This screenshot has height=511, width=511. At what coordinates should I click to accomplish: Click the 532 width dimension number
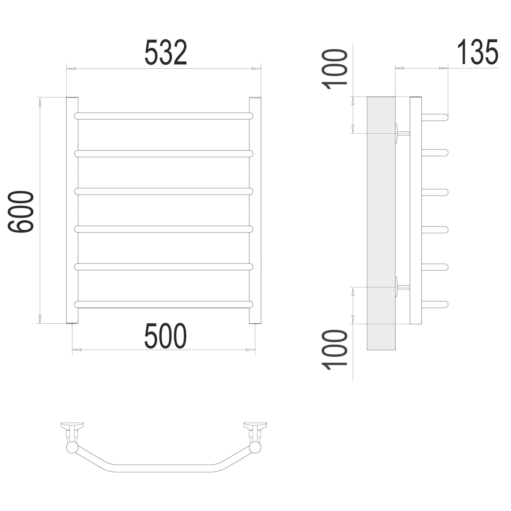click(x=166, y=53)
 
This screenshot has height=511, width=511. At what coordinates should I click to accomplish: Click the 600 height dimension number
click(x=21, y=212)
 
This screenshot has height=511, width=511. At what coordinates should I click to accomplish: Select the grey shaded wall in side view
click(x=381, y=223)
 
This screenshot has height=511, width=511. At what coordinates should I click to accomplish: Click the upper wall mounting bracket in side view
click(x=402, y=133)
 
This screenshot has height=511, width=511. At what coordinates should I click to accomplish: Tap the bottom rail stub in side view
click(x=435, y=305)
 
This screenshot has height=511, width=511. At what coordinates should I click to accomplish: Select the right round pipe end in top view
click(x=256, y=447)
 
